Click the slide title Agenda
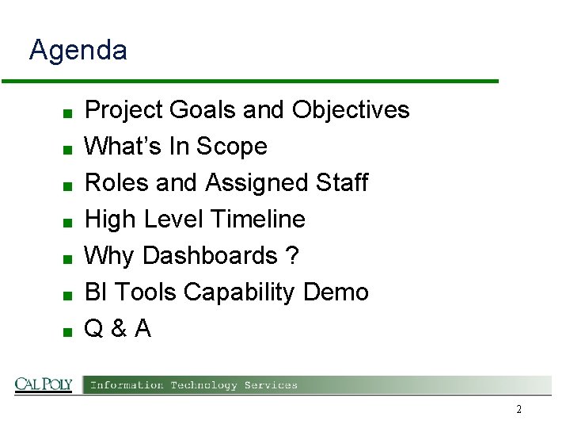[x=78, y=51]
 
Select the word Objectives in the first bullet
[x=351, y=109]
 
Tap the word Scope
[x=231, y=147]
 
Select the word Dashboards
[x=210, y=256]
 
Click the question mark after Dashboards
[x=292, y=256]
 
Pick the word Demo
[x=336, y=292]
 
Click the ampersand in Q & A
[x=117, y=329]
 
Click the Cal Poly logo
[x=44, y=384]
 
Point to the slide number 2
[x=519, y=410]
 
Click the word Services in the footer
[x=271, y=385]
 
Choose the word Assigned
[x=256, y=183]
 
